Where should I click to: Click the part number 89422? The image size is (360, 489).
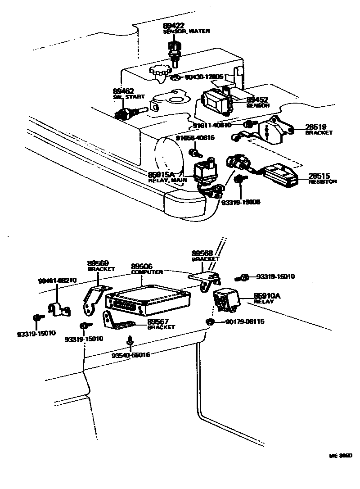[x=174, y=26]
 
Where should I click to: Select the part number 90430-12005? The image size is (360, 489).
[x=204, y=77]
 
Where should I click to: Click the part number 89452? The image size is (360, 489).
[x=257, y=100]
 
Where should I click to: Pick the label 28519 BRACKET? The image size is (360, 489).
[x=319, y=130]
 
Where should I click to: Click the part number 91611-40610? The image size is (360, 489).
[x=212, y=125]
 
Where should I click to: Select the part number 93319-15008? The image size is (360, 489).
[x=241, y=202]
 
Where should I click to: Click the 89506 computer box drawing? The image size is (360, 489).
[x=146, y=300]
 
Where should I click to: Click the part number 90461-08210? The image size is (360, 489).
[x=57, y=280]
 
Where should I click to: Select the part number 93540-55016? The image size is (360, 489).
[x=131, y=355]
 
